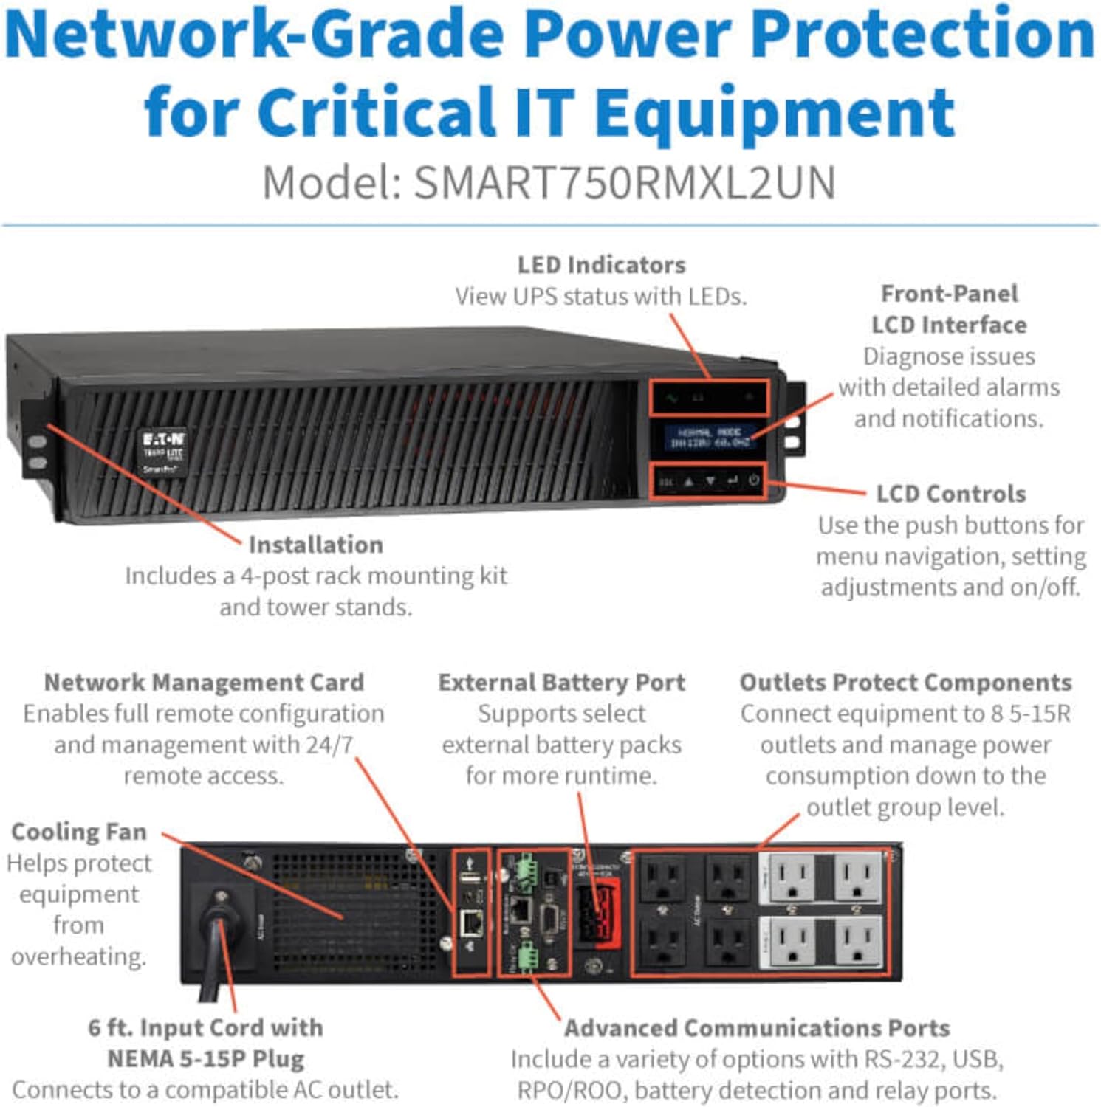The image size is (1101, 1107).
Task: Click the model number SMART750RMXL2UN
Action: [624, 182]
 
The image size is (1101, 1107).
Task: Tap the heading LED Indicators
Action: [601, 265]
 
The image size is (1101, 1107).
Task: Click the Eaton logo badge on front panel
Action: [163, 450]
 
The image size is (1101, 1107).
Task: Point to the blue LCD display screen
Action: [709, 437]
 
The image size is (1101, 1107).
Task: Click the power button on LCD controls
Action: [753, 480]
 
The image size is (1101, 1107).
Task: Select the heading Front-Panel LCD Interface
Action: [949, 309]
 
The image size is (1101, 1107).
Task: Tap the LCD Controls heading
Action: [950, 494]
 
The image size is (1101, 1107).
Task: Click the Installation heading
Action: [315, 545]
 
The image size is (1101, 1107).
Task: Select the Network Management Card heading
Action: [204, 682]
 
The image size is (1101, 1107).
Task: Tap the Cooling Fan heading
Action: [79, 832]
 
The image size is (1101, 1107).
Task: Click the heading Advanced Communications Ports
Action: [757, 1028]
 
